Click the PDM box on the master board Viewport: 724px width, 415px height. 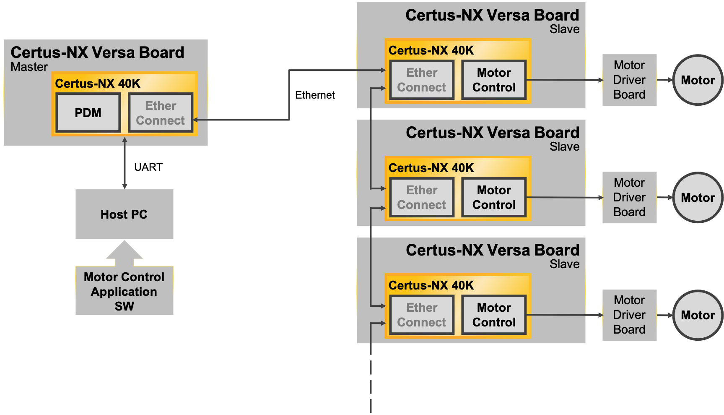pyautogui.click(x=88, y=113)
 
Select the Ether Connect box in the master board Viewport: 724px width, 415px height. pyautogui.click(x=161, y=113)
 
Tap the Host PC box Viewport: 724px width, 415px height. pyautogui.click(x=124, y=214)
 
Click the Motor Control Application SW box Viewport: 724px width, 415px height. pyautogui.click(x=124, y=291)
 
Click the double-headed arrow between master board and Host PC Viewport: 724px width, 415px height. pyautogui.click(x=125, y=164)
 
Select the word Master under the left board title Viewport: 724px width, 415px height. pyautogui.click(x=29, y=67)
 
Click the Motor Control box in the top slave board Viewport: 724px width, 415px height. pyautogui.click(x=494, y=80)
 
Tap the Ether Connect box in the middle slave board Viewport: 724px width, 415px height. pyautogui.click(x=422, y=198)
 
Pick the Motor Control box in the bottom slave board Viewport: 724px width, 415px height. pyautogui.click(x=494, y=315)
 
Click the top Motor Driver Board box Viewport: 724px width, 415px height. pyautogui.click(x=629, y=80)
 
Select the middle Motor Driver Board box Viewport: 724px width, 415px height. pyautogui.click(x=629, y=198)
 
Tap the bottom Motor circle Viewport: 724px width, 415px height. pyautogui.click(x=698, y=315)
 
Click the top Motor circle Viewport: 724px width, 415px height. pyautogui.click(x=698, y=80)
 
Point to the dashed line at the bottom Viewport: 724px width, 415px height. pyautogui.click(x=371, y=382)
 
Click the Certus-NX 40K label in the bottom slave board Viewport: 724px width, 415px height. pyautogui.click(x=431, y=285)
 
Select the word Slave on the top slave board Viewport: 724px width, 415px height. pyautogui.click(x=564, y=29)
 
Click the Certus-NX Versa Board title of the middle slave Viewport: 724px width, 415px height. pyautogui.click(x=492, y=133)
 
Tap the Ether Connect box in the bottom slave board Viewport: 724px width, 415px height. pyautogui.click(x=422, y=315)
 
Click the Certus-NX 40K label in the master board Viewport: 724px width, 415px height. pyautogui.click(x=98, y=84)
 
